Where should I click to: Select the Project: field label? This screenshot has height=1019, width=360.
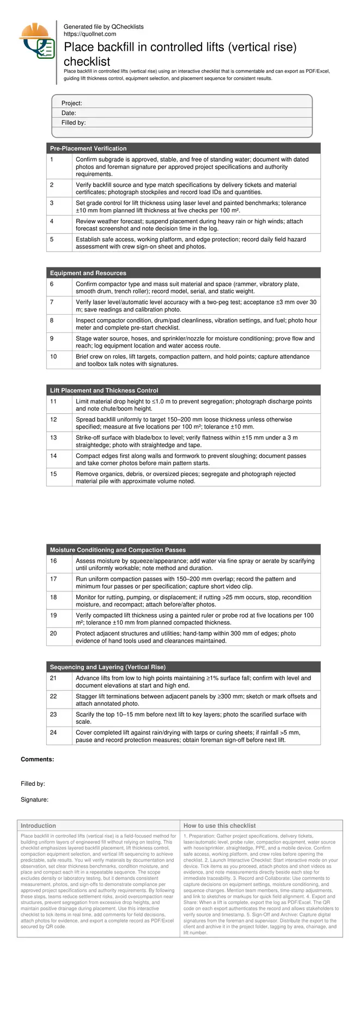click(x=71, y=103)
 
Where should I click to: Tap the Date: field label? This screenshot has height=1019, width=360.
click(x=69, y=113)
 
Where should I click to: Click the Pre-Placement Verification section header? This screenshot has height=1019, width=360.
click(x=88, y=148)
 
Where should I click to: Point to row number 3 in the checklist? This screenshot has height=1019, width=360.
click(x=52, y=203)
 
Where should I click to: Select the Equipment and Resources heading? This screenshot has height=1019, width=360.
click(x=88, y=273)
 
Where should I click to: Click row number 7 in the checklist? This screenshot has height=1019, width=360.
click(x=52, y=302)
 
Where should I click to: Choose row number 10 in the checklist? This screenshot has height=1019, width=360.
click(x=53, y=357)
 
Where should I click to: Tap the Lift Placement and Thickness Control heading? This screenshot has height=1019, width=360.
click(x=104, y=390)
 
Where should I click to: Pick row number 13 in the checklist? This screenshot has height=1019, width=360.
click(x=53, y=438)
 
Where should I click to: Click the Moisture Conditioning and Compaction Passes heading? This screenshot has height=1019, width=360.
click(x=118, y=550)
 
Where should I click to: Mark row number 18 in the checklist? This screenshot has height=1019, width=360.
click(x=53, y=597)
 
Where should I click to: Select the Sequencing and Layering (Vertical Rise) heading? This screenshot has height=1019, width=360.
click(x=108, y=667)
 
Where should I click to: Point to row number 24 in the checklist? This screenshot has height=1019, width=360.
click(x=53, y=733)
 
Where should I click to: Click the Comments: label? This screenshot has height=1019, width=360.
click(x=37, y=759)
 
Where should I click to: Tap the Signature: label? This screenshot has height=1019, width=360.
click(x=34, y=800)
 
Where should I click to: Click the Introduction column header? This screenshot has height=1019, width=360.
click(x=38, y=826)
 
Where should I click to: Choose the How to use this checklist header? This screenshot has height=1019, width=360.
click(x=219, y=826)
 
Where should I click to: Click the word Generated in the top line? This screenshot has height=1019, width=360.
click(x=77, y=27)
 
